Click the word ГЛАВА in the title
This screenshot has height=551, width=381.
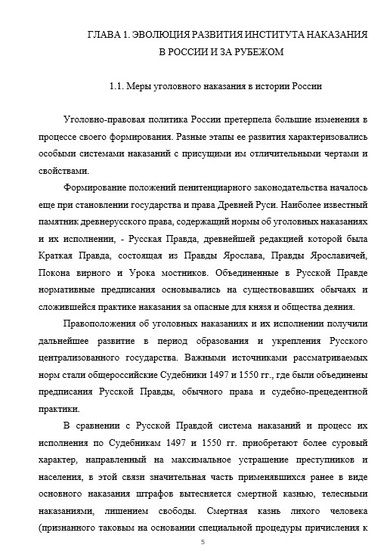tap(102, 35)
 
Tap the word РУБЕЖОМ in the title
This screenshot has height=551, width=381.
tap(255, 52)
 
